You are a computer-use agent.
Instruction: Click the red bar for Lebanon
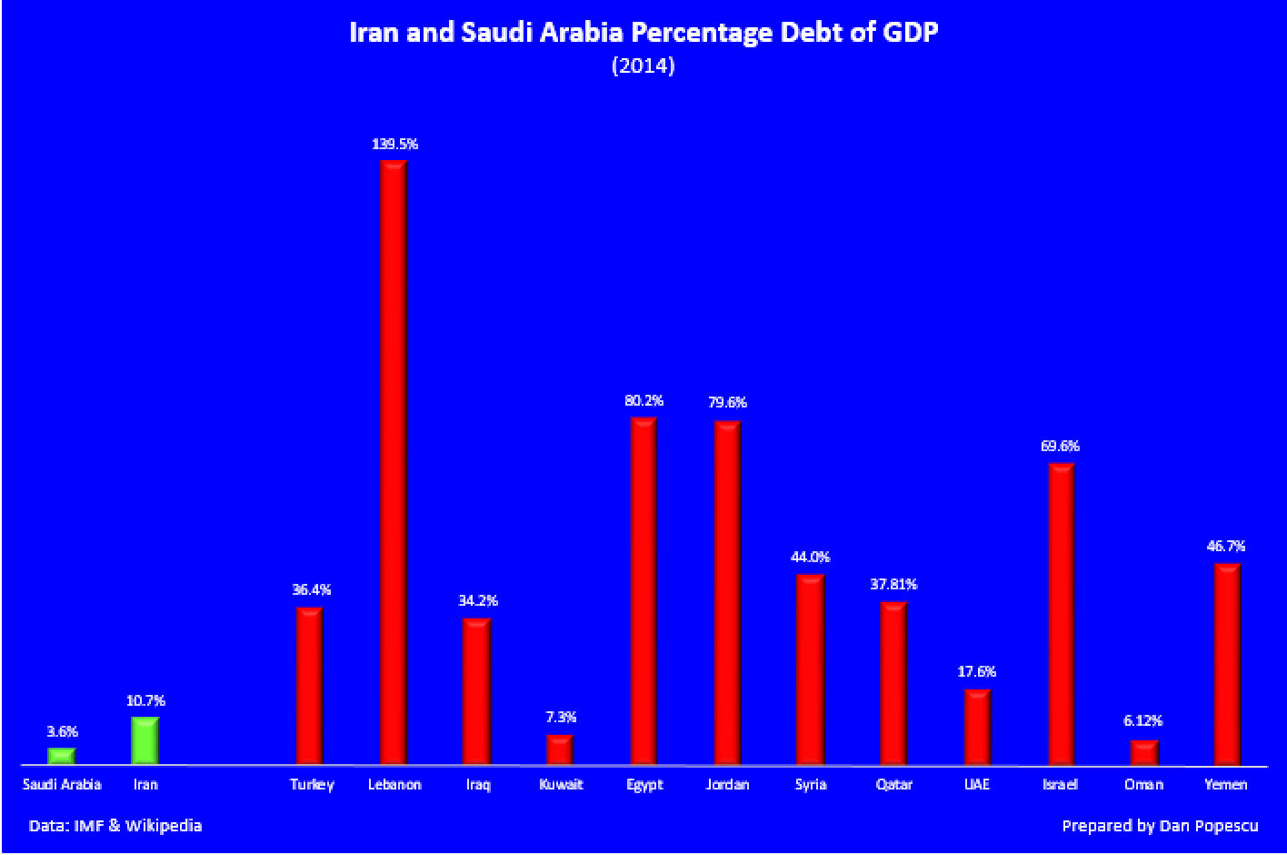tap(394, 462)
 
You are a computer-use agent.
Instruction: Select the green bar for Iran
tap(145, 741)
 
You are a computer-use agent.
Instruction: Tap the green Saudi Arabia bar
tap(61, 756)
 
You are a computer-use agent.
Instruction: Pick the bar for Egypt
tap(643, 591)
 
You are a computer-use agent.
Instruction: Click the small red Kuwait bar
tap(560, 749)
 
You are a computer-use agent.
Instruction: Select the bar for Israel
tap(1062, 614)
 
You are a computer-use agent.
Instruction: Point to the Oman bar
tap(1144, 752)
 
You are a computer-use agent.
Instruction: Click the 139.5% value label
tap(394, 144)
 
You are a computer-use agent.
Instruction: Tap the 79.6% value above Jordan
tap(727, 402)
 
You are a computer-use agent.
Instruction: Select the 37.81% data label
tap(893, 584)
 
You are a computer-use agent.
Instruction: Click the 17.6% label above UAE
tap(977, 672)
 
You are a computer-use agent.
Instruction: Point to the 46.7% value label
tap(1226, 547)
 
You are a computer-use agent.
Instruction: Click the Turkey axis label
tap(312, 784)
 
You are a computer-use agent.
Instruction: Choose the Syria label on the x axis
tap(810, 784)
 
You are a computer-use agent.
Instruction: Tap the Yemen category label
tap(1226, 784)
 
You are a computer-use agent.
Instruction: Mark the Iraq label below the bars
tap(477, 784)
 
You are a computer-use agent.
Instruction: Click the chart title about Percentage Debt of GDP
tap(643, 33)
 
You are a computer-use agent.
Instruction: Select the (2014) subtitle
tap(643, 65)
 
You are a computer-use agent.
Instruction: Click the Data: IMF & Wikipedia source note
tap(115, 826)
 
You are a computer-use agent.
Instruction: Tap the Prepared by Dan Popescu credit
tap(1159, 826)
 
